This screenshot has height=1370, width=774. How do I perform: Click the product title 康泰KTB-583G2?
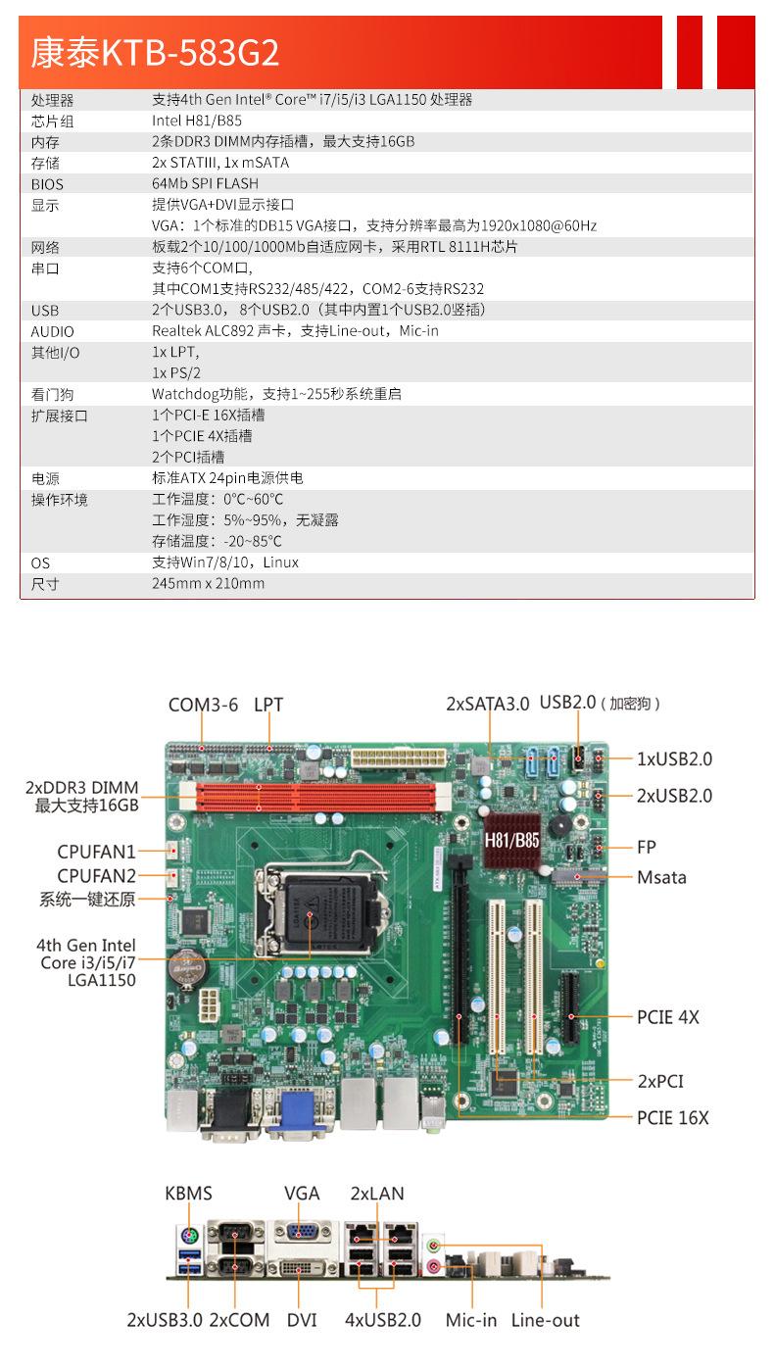(x=155, y=53)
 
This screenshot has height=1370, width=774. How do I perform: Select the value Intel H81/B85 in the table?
(x=196, y=122)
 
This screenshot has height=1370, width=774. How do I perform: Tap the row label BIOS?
(x=48, y=184)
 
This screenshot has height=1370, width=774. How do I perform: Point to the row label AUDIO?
(x=52, y=332)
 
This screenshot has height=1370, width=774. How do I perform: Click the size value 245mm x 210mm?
(x=208, y=584)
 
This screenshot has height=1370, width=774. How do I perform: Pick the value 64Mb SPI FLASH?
(x=205, y=184)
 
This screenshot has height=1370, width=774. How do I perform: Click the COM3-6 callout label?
(x=203, y=705)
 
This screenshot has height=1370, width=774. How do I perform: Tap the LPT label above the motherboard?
(x=268, y=705)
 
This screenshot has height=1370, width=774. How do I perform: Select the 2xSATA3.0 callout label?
(x=487, y=704)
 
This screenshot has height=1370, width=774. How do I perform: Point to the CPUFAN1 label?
(x=96, y=853)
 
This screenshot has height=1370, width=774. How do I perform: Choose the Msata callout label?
(x=661, y=877)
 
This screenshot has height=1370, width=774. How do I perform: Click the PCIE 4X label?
(x=668, y=1017)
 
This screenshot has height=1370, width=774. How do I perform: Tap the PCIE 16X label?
(x=672, y=1117)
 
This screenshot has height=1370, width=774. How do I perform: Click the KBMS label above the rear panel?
(x=188, y=1194)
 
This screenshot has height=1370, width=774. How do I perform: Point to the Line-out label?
(x=545, y=1320)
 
